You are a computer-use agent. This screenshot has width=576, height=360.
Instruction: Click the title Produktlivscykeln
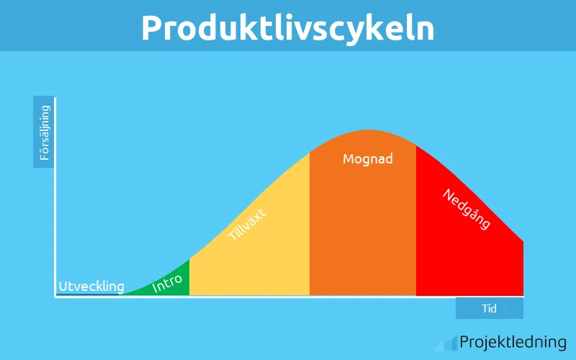pyautogui.click(x=287, y=27)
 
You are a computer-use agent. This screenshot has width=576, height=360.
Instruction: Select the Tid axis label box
pyautogui.click(x=490, y=308)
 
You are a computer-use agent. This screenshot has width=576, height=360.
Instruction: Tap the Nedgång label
pyautogui.click(x=466, y=210)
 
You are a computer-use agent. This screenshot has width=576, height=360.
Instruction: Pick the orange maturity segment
pyautogui.click(x=363, y=230)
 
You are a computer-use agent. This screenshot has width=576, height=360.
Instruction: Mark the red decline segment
pyautogui.click(x=468, y=259)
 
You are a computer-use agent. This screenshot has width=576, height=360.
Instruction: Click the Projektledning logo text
pyautogui.click(x=513, y=342)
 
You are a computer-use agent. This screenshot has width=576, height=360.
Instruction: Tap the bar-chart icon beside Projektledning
pyautogui.click(x=447, y=343)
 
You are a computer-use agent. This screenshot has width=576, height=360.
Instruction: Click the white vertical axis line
pyautogui.click(x=55, y=194)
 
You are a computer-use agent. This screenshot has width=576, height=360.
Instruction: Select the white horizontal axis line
pyautogui.click(x=288, y=297)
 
